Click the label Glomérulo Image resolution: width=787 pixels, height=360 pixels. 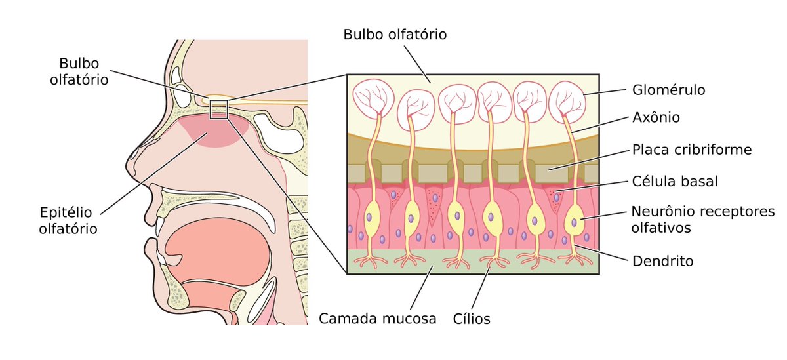click(x=669, y=90)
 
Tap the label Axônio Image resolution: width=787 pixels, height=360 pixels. click(x=655, y=118)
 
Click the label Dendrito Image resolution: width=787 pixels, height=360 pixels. click(x=662, y=261)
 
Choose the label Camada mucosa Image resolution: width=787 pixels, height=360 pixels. click(x=377, y=319)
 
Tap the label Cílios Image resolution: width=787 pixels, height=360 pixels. click(x=472, y=319)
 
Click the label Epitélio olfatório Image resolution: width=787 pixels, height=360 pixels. click(x=68, y=220)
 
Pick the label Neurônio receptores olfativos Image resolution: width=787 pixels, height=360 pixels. click(x=702, y=219)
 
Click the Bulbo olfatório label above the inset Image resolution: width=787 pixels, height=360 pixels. click(x=395, y=34)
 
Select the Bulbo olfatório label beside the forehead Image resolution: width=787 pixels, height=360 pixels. click(x=83, y=71)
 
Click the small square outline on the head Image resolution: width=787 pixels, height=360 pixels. click(x=218, y=109)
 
